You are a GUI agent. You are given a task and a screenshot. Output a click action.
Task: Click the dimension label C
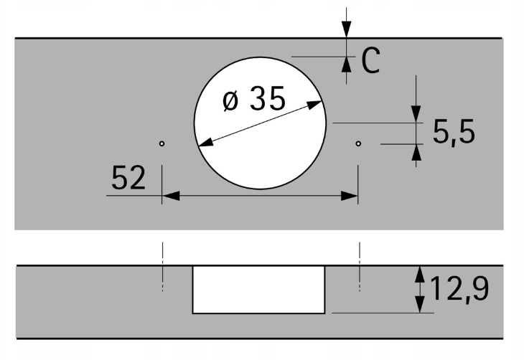point(370,60)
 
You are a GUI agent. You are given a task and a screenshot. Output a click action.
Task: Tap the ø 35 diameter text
point(254,98)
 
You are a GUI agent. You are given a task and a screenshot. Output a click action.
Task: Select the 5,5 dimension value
point(454,132)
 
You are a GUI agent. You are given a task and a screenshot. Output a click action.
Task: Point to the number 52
point(128,177)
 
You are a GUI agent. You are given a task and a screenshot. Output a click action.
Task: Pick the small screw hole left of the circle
point(162,143)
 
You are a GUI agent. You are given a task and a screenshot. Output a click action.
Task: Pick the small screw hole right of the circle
point(358,143)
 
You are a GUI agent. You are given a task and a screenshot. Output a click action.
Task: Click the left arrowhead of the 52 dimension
point(171,196)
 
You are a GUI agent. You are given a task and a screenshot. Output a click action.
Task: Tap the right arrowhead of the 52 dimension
point(350,196)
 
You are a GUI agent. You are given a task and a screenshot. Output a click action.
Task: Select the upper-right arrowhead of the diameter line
point(314,105)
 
